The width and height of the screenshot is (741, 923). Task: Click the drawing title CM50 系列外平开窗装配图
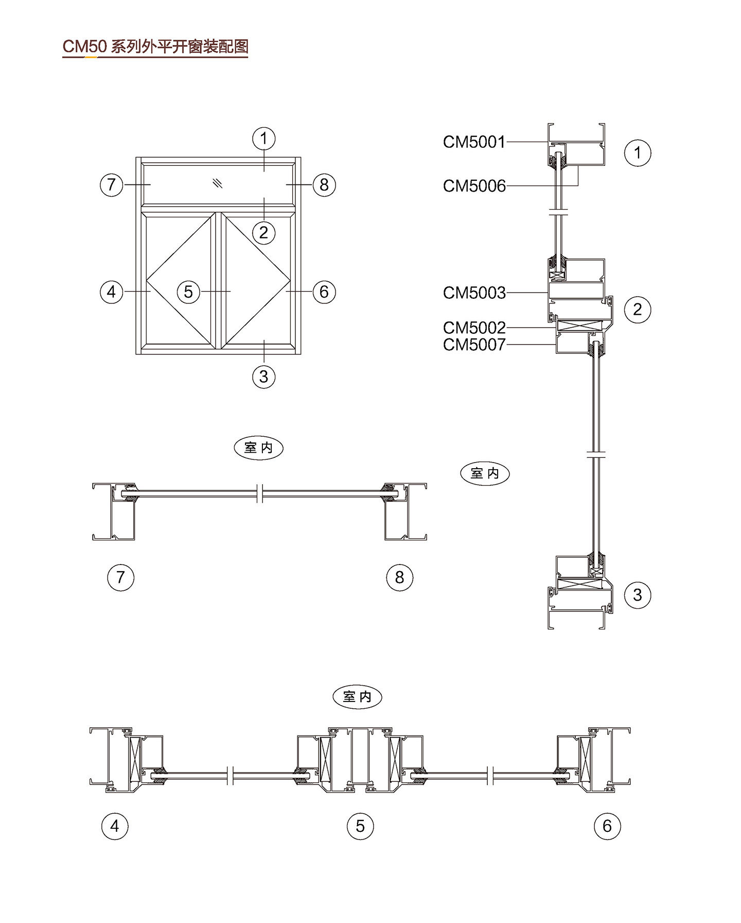(155, 46)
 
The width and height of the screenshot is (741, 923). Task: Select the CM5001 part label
(474, 142)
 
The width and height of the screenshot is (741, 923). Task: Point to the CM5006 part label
(474, 185)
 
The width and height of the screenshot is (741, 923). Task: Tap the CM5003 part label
(474, 293)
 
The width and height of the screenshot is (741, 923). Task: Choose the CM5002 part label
(474, 327)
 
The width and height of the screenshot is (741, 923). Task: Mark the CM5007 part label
(474, 344)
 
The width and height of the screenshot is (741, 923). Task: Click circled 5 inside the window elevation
(188, 292)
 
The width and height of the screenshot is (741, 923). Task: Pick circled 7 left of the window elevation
(111, 184)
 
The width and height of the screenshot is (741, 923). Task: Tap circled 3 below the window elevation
(263, 377)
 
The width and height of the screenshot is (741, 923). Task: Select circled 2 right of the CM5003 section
(637, 309)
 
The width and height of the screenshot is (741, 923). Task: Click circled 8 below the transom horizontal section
(399, 577)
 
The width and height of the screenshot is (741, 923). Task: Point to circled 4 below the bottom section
(114, 826)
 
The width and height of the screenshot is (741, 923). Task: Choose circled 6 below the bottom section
(607, 826)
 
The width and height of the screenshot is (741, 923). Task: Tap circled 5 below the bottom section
(360, 826)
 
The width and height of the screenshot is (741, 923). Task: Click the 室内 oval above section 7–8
(258, 448)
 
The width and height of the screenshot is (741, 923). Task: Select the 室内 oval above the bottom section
(358, 697)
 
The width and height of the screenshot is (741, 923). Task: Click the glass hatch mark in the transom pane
(218, 183)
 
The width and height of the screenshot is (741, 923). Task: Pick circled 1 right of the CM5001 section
(637, 152)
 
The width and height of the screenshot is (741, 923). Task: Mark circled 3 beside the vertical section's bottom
(637, 595)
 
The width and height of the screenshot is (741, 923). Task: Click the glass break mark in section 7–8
(260, 493)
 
